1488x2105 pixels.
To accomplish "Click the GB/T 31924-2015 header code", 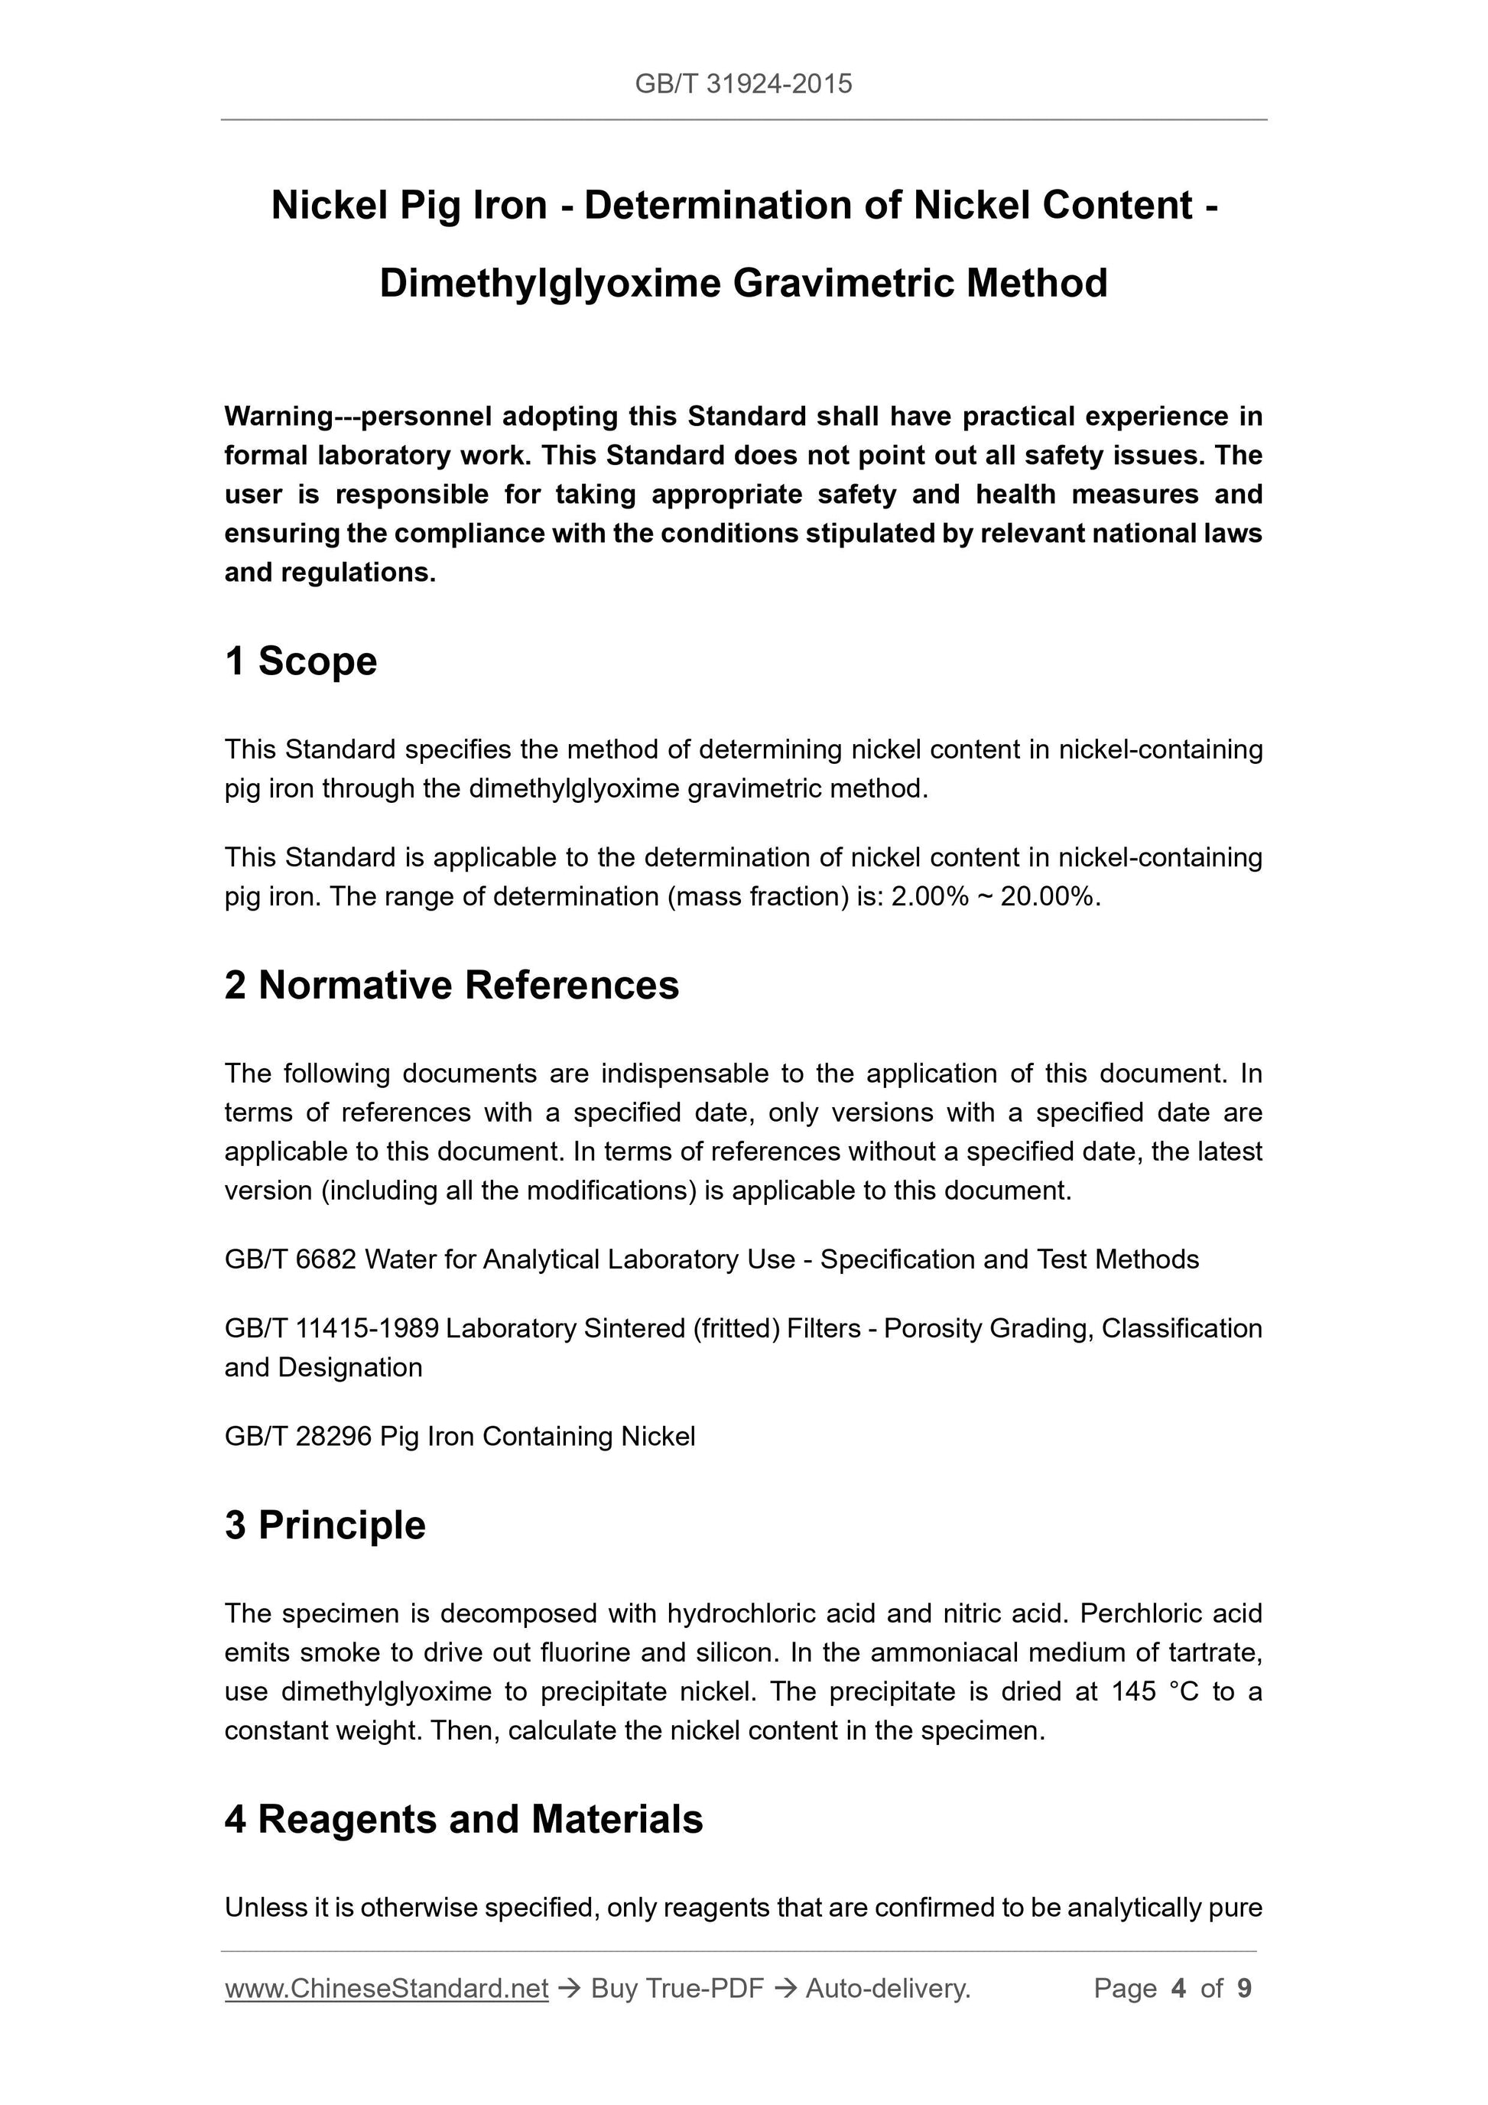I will point(742,84).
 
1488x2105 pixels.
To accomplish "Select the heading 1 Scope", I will point(301,661).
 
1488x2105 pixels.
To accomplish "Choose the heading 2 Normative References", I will point(451,985).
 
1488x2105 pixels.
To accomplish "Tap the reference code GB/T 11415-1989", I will point(332,1327).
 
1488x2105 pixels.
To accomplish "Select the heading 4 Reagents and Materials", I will point(463,1819).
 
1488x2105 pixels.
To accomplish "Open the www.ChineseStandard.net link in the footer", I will point(386,1988).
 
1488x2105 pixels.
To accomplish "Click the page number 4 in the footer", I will point(1178,1988).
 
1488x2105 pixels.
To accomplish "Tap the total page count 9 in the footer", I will point(1244,1988).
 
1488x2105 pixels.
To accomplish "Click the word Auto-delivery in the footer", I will point(886,1988).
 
